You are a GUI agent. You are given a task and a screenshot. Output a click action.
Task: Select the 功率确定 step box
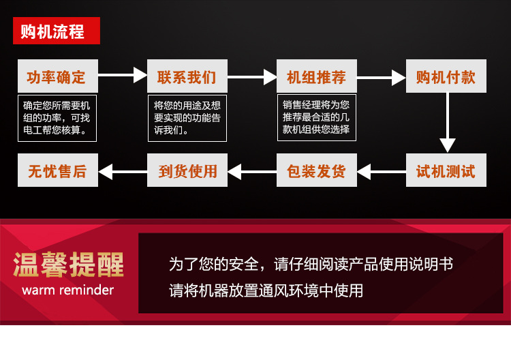click(x=57, y=76)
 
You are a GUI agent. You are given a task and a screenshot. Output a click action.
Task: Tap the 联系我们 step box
click(x=186, y=76)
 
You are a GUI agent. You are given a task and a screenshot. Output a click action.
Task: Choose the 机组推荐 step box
click(x=316, y=76)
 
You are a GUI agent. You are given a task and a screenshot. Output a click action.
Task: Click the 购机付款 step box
click(x=446, y=76)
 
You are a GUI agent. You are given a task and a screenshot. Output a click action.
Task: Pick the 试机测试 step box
click(x=446, y=170)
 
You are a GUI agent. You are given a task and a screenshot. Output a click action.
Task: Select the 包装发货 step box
click(x=316, y=170)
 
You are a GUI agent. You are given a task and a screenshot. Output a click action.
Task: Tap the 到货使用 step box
click(x=187, y=170)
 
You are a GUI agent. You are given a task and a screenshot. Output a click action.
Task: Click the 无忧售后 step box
click(x=57, y=170)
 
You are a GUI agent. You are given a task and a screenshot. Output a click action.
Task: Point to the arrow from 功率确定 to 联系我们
click(x=123, y=76)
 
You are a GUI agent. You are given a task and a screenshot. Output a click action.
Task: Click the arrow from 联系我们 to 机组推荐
click(x=252, y=76)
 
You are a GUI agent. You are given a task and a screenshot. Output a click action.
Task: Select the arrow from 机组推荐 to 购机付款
click(x=382, y=77)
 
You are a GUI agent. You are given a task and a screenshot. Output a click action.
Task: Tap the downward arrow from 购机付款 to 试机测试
click(x=447, y=123)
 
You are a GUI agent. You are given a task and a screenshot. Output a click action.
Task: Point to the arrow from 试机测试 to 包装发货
click(x=382, y=170)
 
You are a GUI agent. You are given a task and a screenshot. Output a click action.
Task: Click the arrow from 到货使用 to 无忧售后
click(x=123, y=170)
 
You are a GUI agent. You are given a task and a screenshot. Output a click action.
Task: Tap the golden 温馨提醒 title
click(x=68, y=265)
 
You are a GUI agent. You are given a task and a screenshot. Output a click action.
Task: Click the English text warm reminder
click(x=68, y=290)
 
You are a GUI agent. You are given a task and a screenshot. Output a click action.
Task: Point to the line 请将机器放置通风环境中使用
click(x=266, y=291)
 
